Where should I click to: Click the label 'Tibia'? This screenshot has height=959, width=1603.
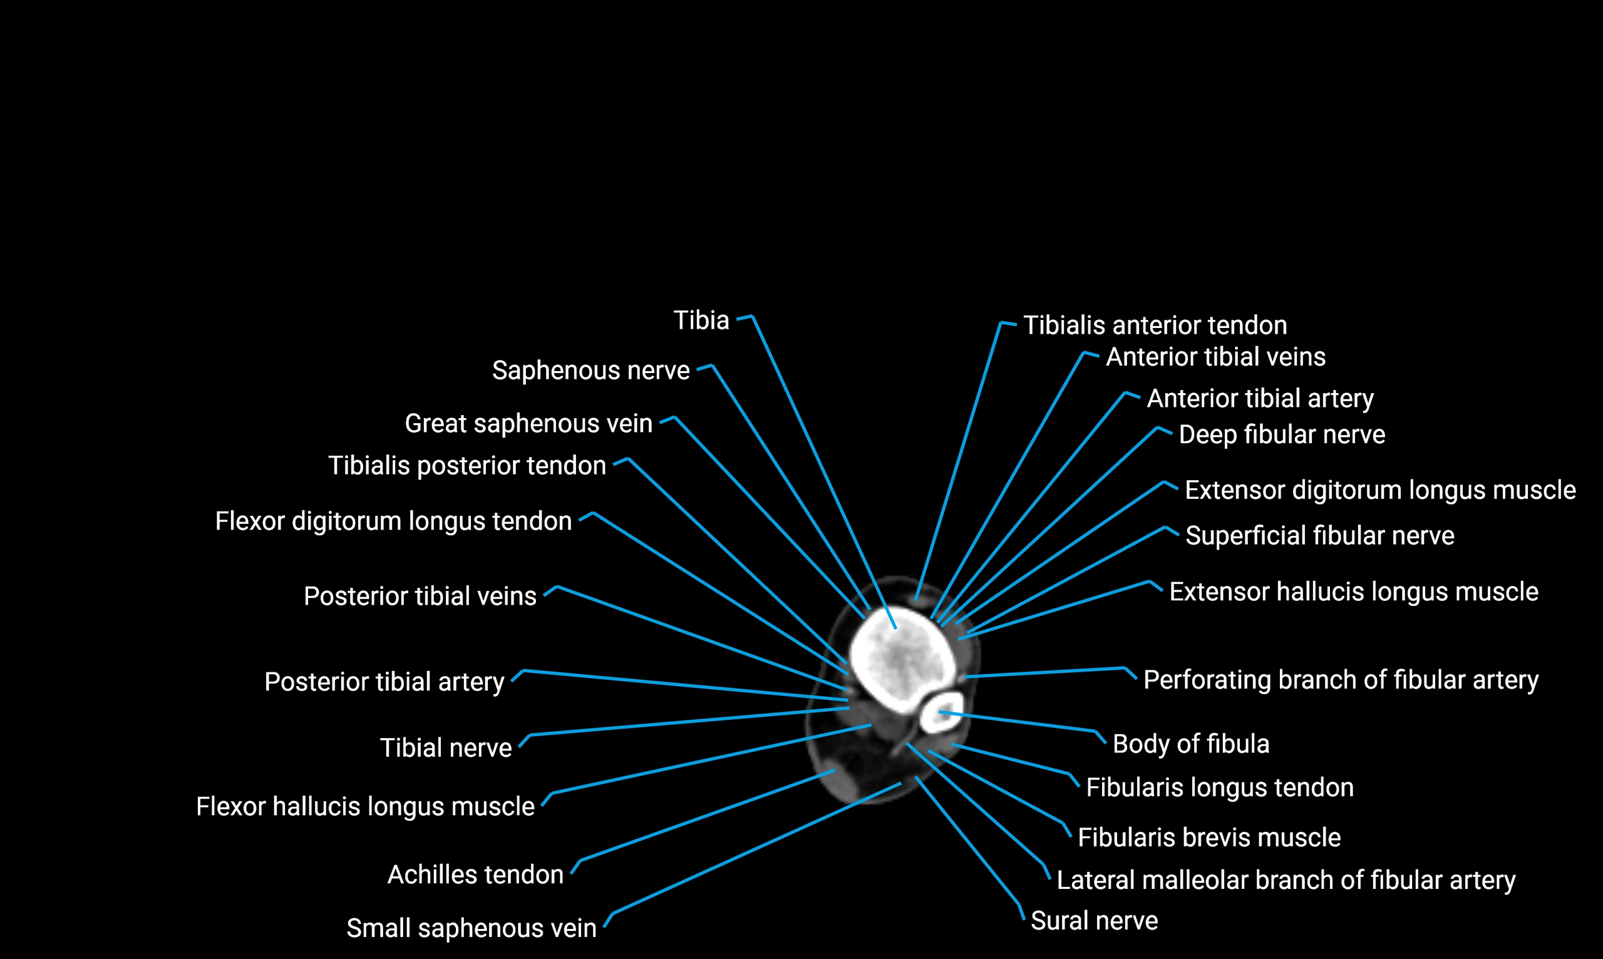[x=701, y=321]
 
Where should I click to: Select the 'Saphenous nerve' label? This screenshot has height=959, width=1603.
[x=590, y=371]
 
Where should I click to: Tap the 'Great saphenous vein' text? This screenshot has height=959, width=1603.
[x=528, y=424]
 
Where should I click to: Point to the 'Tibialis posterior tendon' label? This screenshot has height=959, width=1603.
[x=466, y=466]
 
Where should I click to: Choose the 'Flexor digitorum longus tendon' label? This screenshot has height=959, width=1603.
[x=393, y=521]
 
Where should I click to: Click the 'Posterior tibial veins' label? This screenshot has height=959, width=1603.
[x=420, y=597]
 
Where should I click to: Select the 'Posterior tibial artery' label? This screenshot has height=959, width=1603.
[x=384, y=682]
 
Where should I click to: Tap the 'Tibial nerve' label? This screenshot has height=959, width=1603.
[x=445, y=748]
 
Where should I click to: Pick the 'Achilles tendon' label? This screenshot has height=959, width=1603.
[x=475, y=875]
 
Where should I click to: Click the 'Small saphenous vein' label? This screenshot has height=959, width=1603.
[x=472, y=928]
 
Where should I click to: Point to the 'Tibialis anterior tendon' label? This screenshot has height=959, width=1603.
[x=1155, y=326]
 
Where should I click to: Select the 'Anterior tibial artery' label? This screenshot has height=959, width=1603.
[x=1260, y=399]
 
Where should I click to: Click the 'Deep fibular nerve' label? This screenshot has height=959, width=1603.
[x=1282, y=435]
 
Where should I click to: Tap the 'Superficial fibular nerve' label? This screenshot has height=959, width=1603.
[x=1319, y=536]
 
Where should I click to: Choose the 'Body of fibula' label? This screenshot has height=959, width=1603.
[x=1190, y=744]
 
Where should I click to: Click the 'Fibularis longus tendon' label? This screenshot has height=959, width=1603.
[x=1219, y=787]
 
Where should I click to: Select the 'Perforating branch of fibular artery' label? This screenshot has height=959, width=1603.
[x=1341, y=680]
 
